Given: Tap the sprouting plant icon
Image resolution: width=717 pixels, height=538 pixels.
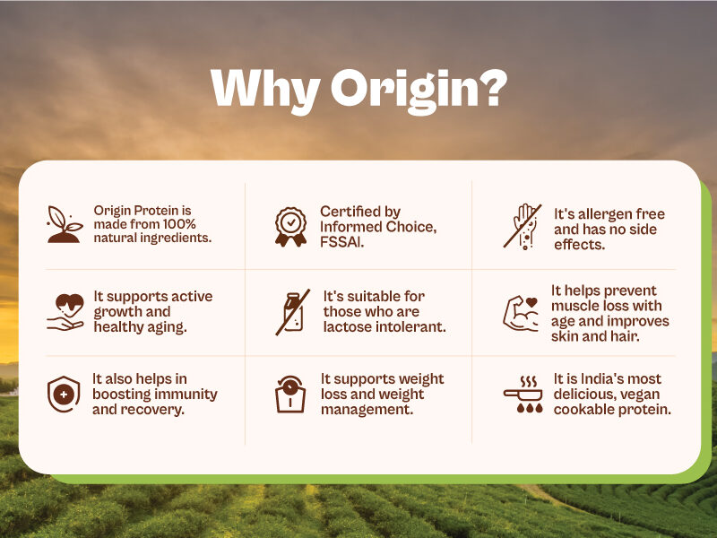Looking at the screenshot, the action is point(65,224).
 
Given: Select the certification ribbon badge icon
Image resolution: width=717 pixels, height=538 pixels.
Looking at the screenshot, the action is point(290,227).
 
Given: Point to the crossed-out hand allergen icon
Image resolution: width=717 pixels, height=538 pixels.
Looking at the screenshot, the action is point(523,227).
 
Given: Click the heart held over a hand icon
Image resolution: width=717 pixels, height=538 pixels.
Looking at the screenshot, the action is point(65,312).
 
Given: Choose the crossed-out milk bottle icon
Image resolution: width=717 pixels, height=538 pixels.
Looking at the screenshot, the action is point(293,312).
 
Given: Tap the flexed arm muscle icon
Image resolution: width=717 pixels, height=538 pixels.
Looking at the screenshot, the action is point(521,313).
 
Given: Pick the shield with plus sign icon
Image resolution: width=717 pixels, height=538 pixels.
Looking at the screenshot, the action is point(64,394).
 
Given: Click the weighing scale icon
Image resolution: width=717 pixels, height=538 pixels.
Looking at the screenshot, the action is point(290,395).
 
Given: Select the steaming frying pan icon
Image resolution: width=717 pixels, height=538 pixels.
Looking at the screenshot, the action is point(523,395).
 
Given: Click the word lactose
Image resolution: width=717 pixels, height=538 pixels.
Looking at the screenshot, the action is point(346,326).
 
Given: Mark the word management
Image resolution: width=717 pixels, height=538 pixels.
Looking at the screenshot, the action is point(367,410).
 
